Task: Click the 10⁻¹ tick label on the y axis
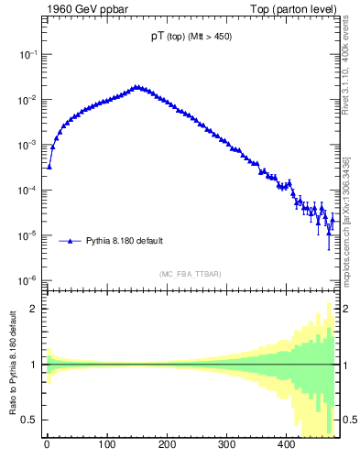[x=27, y=55]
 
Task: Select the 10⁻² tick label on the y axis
[x=27, y=100]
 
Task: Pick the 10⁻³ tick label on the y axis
[x=27, y=145]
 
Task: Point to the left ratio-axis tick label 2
[x=34, y=309]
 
